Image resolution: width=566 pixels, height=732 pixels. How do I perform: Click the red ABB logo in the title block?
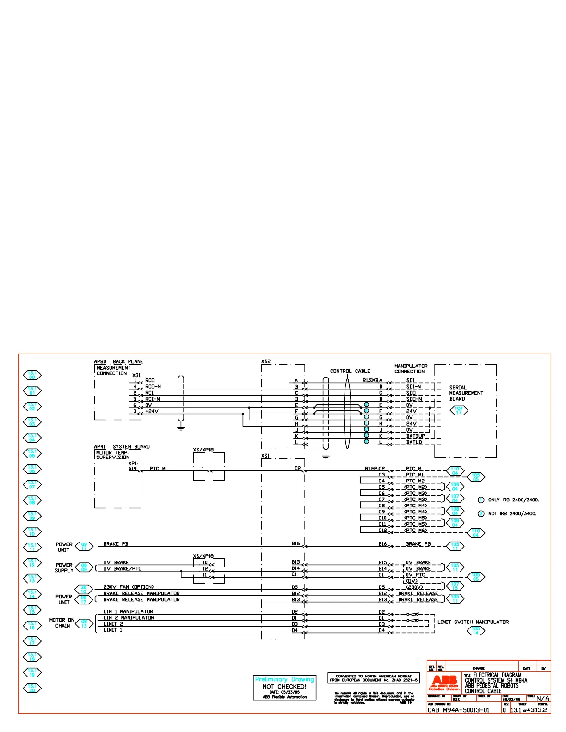pos(444,682)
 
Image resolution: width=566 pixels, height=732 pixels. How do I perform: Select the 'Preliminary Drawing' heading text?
pos(284,679)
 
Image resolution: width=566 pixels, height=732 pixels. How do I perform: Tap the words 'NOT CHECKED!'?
pos(284,687)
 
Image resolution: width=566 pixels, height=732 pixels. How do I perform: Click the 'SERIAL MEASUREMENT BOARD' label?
pos(466,393)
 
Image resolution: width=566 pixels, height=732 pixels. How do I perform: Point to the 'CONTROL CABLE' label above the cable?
pos(350,371)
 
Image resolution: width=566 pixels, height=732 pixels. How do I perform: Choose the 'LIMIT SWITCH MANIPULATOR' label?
pos(473,622)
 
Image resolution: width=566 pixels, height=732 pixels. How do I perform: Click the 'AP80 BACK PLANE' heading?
pos(119,361)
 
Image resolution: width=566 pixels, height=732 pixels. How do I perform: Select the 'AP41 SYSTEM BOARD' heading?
pos(122,447)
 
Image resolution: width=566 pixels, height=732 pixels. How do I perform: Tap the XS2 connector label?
pos(266,361)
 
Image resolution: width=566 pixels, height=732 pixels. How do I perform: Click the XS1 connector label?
pos(265,456)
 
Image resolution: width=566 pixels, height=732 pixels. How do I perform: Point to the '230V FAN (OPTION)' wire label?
pos(129,587)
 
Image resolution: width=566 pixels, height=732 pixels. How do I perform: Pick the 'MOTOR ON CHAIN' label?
pos(62,623)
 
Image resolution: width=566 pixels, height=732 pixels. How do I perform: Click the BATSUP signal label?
pos(415,436)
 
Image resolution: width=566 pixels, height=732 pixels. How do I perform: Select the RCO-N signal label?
pos(153,387)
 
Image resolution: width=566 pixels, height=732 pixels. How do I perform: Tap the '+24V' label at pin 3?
pos(152,411)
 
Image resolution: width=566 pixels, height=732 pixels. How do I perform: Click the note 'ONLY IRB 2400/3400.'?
pos(513,500)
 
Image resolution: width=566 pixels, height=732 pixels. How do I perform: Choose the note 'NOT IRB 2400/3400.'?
pos(512,514)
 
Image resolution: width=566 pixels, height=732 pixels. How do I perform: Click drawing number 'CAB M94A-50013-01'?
pos(458,710)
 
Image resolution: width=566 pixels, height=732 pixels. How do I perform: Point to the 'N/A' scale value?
pos(543,699)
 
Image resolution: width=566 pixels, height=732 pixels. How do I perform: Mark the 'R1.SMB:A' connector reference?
pos(372,381)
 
